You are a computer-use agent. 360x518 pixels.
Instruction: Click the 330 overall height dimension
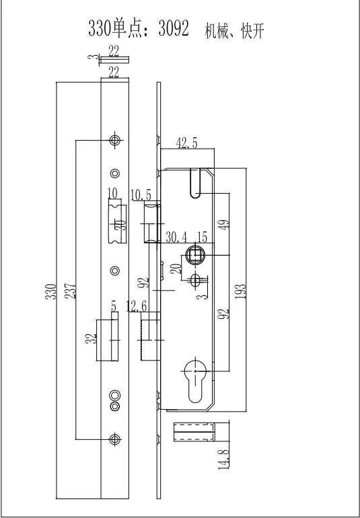pos(51,291)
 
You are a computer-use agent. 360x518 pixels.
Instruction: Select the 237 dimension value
pos(70,291)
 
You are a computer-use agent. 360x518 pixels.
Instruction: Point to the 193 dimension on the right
pos(241,291)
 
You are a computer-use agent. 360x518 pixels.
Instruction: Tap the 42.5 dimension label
pos(186,143)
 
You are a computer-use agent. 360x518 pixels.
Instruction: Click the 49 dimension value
pos(224,225)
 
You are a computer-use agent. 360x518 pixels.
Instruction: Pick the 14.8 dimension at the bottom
pos(224,459)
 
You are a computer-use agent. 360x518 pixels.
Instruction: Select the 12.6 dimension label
pos(137,306)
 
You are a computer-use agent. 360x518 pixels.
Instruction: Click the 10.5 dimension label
pos(141,195)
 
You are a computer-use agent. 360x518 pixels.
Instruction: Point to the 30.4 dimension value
pos(176,237)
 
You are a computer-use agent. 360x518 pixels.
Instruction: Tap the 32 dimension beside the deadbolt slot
pos(91,338)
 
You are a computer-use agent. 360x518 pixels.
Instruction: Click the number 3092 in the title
pos(174,28)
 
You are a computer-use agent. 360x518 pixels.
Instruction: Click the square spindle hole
pos(195,255)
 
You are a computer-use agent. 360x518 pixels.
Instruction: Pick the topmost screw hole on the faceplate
pos(114,140)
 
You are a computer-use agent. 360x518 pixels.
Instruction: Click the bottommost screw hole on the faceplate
pos(114,439)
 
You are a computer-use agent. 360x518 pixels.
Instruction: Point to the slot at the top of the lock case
pos(195,183)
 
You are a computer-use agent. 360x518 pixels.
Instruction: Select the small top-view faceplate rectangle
pos(114,60)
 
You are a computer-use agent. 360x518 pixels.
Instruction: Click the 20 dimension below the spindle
pos(177,268)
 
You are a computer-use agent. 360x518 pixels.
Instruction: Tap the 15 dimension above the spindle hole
pos(202,237)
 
